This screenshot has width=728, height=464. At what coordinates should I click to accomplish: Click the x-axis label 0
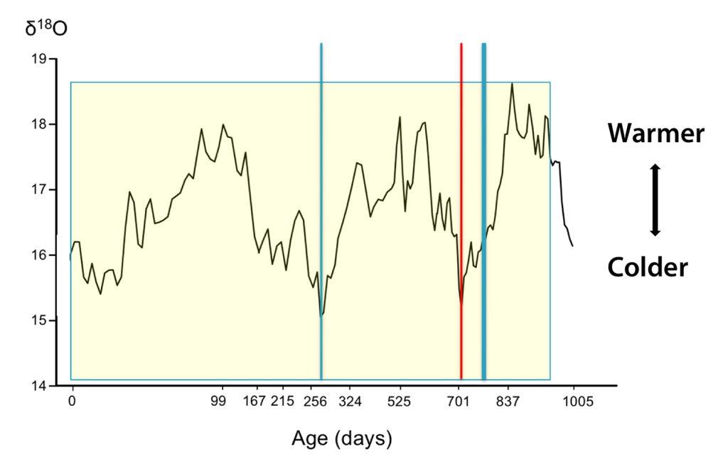pyautogui.click(x=72, y=401)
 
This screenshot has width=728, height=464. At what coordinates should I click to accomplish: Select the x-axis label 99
pyautogui.click(x=218, y=401)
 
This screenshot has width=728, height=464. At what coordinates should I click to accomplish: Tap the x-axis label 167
pyautogui.click(x=254, y=401)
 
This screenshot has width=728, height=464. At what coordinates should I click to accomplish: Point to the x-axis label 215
pyautogui.click(x=283, y=401)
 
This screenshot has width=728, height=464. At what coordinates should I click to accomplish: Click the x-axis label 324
pyautogui.click(x=350, y=401)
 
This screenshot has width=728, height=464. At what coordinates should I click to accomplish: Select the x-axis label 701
pyautogui.click(x=459, y=401)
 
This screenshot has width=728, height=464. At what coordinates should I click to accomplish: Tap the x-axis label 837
pyautogui.click(x=508, y=401)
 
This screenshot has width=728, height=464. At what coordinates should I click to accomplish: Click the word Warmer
pyautogui.click(x=655, y=134)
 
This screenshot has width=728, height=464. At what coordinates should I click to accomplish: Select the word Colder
pyautogui.click(x=648, y=268)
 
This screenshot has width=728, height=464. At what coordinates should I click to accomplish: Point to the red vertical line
pyautogui.click(x=461, y=213)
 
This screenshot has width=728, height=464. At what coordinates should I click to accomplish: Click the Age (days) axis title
pyautogui.click(x=341, y=438)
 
